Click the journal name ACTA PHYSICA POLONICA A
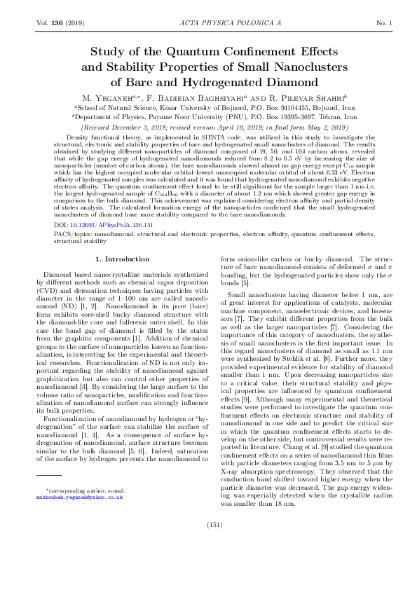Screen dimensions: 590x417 (x=208, y=23)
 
